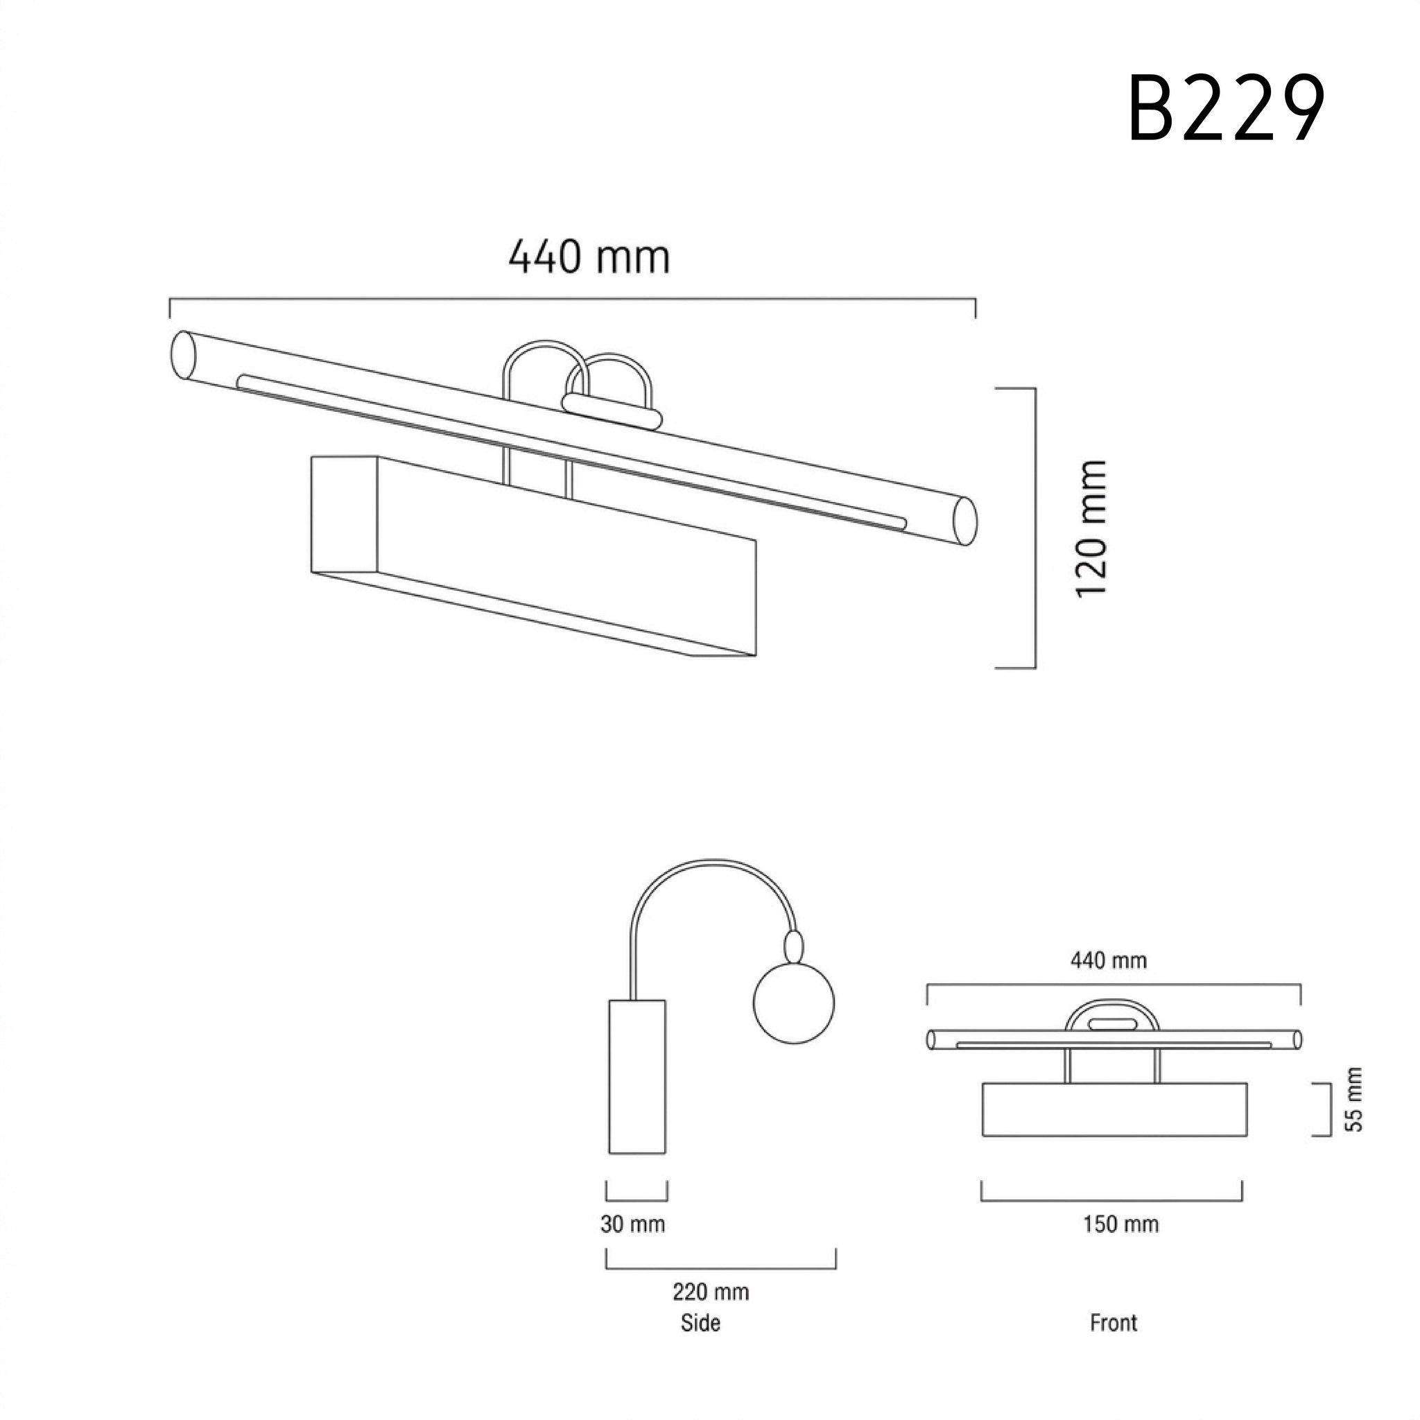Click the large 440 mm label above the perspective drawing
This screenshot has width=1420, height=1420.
point(589,257)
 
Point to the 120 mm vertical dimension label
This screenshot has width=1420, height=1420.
point(1091,528)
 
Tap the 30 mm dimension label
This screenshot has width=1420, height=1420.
point(633,1224)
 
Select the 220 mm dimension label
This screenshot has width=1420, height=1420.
point(711,1292)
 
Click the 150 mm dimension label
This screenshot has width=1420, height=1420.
point(1121,1224)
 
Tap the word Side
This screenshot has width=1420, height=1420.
point(700,1323)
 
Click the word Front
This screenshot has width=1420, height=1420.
point(1114,1323)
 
